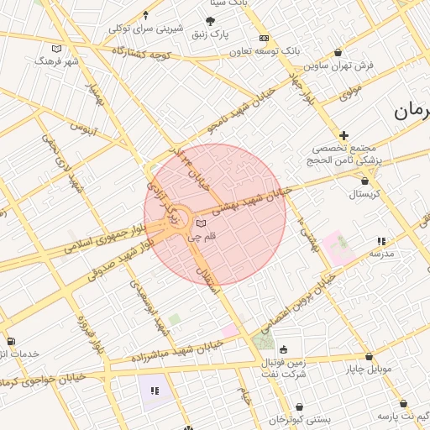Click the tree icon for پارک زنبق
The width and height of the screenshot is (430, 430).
[x=210, y=21]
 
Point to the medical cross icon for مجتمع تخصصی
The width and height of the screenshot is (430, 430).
[x=343, y=135]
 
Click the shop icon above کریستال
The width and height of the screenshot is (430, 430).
[x=364, y=181]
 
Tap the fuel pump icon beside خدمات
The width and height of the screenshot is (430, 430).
[x=10, y=341]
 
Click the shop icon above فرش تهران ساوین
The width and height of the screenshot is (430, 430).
[x=338, y=52]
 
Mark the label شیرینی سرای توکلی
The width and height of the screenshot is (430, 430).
[x=145, y=28]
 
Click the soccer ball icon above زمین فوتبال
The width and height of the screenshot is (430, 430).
[x=283, y=349]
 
